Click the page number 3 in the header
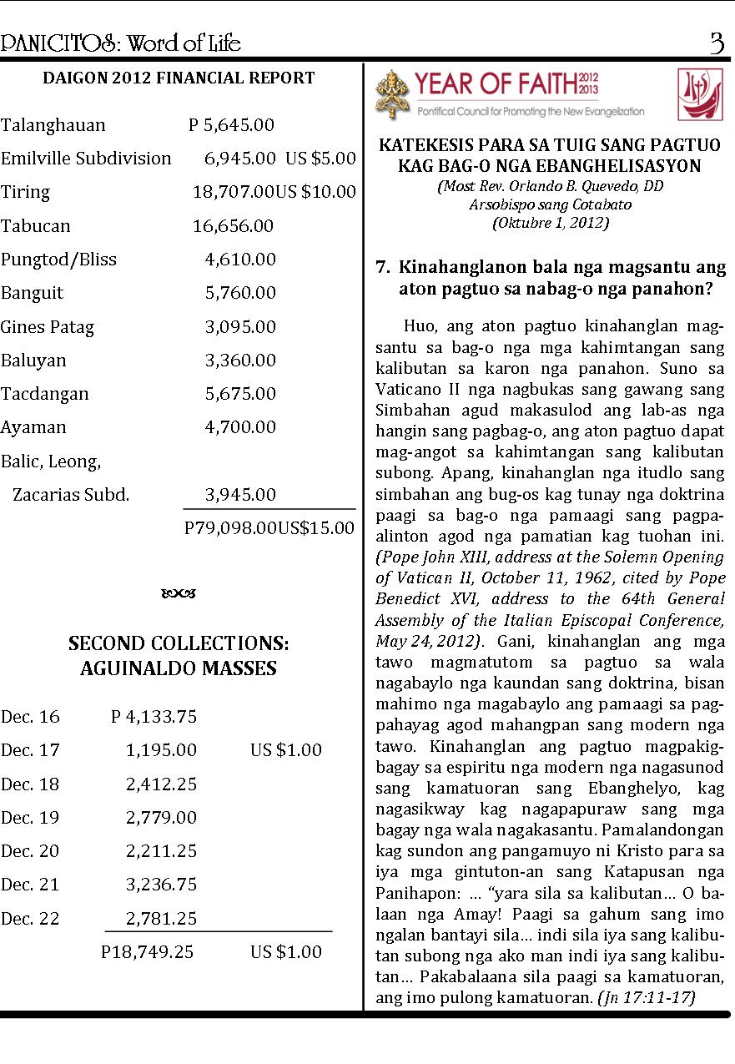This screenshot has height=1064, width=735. point(717,43)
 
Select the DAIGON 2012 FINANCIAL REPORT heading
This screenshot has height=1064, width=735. point(179,78)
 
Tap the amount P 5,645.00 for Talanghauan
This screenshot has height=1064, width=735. point(231,125)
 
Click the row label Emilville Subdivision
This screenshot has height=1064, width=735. point(86,159)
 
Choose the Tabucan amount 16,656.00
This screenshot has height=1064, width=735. point(233,226)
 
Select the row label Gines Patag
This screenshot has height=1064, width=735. point(48,327)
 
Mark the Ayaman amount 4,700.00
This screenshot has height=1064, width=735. point(240,427)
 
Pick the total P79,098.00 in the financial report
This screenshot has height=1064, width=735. point(230,528)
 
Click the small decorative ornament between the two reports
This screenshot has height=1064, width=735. point(179,594)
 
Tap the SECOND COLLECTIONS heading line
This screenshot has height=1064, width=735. point(179,644)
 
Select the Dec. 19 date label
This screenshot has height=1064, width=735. point(30,818)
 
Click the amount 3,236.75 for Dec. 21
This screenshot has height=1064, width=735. point(161,885)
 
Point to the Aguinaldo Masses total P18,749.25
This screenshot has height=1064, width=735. point(147,952)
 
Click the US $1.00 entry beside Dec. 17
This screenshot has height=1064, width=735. point(285,750)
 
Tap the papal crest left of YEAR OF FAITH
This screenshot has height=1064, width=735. point(392,93)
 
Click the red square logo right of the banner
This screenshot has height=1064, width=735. point(700,93)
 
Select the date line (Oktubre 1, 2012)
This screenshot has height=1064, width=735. point(550,223)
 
